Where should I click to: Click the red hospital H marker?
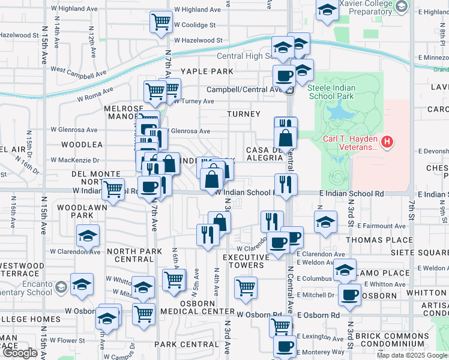point(388,143)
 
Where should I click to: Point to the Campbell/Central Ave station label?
point(245,90)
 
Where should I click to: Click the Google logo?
point(20,353)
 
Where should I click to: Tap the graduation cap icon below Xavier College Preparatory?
point(327,11)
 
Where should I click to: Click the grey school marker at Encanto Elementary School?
point(61,286)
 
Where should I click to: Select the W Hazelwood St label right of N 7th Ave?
point(198,41)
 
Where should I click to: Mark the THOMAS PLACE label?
point(379,239)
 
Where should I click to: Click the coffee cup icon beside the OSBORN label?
point(350,295)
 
